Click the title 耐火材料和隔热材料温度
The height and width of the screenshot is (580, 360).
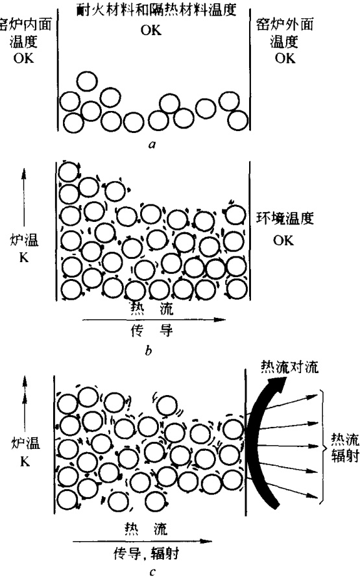click(x=156, y=9)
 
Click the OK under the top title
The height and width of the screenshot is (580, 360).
click(x=151, y=30)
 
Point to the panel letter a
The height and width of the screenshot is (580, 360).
click(x=152, y=144)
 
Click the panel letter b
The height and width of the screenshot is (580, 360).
click(x=149, y=350)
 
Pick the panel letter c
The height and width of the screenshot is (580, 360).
click(x=152, y=572)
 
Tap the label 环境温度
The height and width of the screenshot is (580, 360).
click(x=285, y=218)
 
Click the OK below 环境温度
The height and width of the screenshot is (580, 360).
click(x=283, y=241)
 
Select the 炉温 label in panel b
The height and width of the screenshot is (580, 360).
click(x=24, y=241)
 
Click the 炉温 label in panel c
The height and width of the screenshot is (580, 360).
click(x=25, y=442)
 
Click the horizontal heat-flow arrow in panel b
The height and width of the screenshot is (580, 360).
click(x=154, y=320)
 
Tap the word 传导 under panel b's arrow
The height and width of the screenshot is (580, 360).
click(x=152, y=330)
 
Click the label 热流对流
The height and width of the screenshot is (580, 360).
click(x=289, y=367)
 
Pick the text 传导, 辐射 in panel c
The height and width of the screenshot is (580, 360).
click(x=147, y=554)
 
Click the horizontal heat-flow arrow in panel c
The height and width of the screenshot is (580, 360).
click(x=143, y=541)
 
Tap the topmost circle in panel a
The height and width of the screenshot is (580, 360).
click(x=88, y=81)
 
